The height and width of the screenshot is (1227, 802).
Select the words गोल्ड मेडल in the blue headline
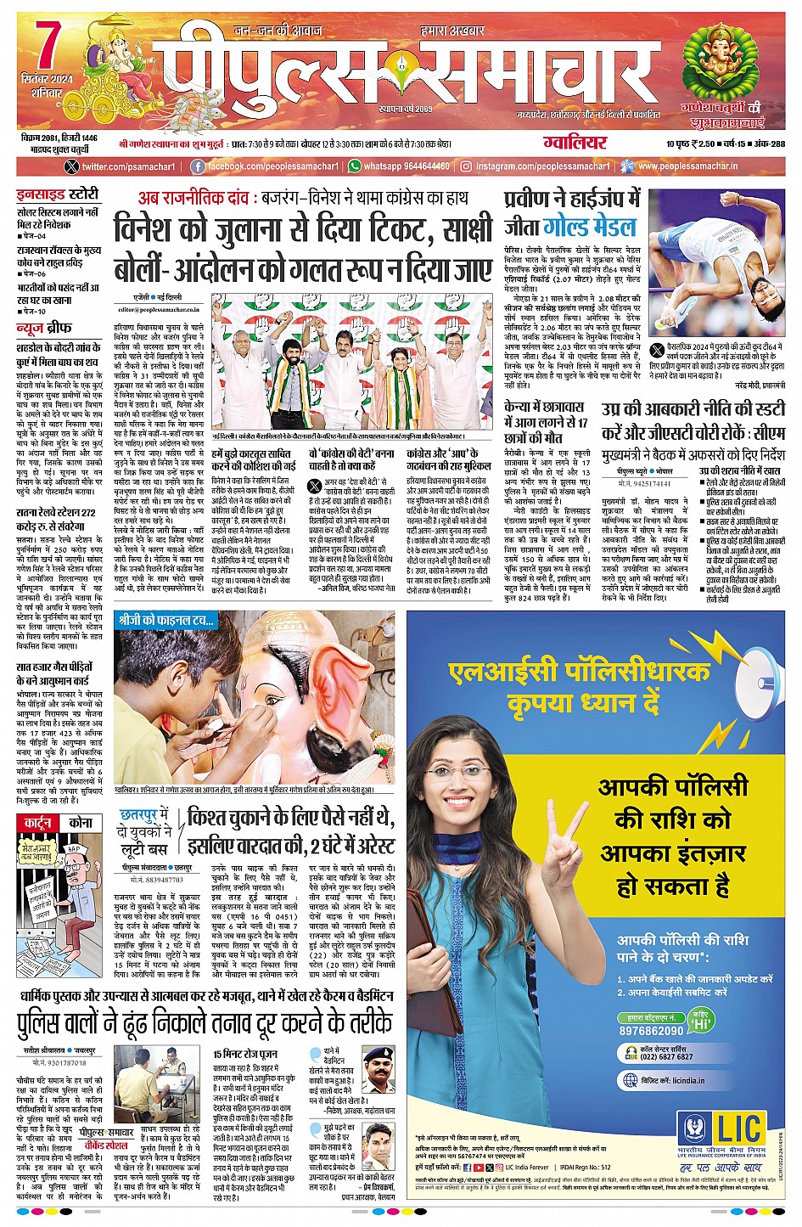coord(590,227)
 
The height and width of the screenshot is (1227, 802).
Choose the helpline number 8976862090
coord(651,1030)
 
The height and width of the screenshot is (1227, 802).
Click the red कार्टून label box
coord(39,823)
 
